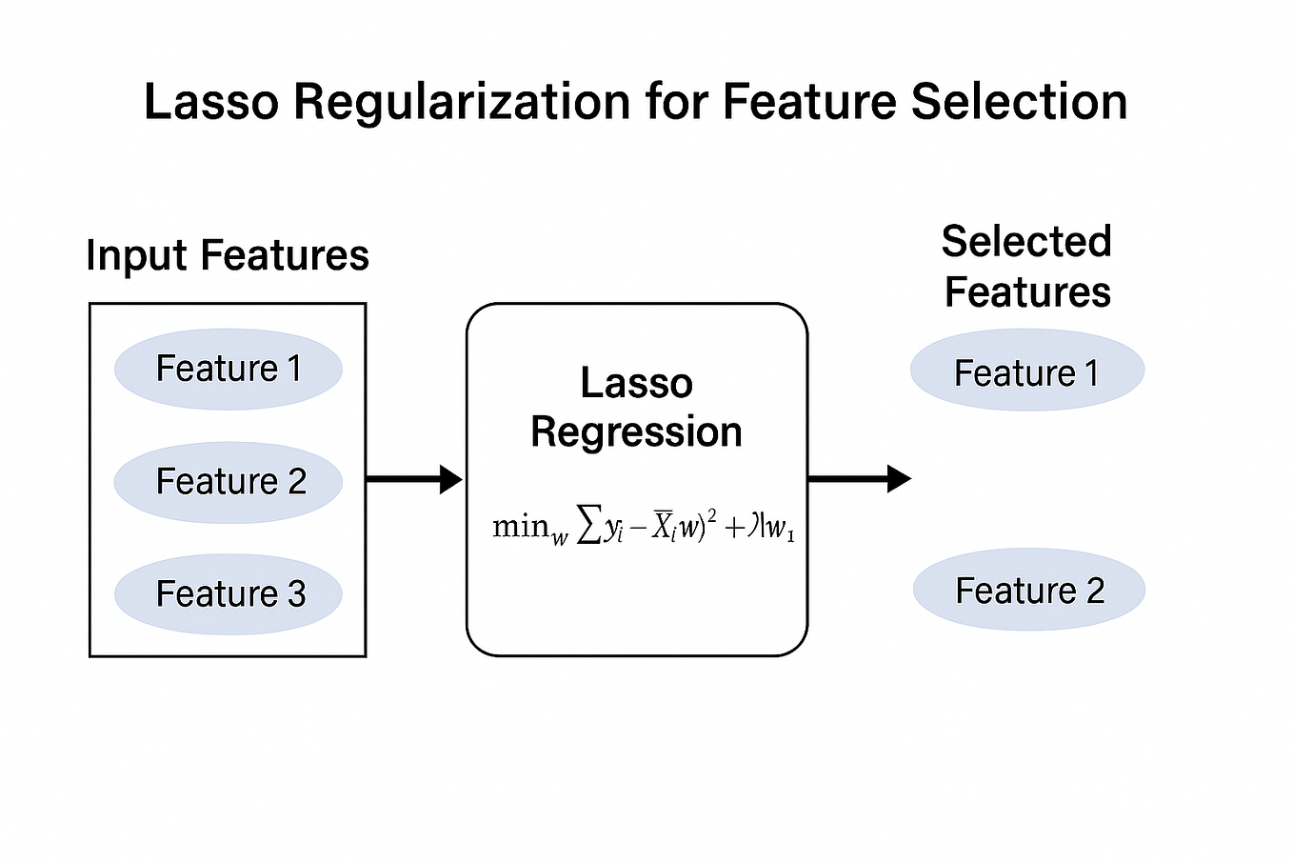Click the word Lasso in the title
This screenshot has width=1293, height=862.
pyautogui.click(x=211, y=102)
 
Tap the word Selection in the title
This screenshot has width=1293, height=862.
pyautogui.click(x=1019, y=102)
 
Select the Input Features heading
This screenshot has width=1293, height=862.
pyautogui.click(x=228, y=255)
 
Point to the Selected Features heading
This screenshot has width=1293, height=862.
pyautogui.click(x=1026, y=267)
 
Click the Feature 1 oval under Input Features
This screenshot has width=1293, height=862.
pyautogui.click(x=228, y=369)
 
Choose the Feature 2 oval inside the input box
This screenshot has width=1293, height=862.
pyautogui.click(x=228, y=481)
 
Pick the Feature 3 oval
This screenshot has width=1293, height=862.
pyautogui.click(x=228, y=593)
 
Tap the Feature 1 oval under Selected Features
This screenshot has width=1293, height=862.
pyautogui.click(x=1026, y=371)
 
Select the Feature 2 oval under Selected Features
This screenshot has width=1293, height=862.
pyautogui.click(x=1028, y=590)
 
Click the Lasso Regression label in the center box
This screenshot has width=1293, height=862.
pyautogui.click(x=636, y=408)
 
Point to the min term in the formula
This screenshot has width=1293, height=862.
pyautogui.click(x=522, y=527)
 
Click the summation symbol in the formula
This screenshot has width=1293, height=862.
pyautogui.click(x=589, y=527)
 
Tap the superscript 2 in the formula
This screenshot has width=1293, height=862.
pyautogui.click(x=711, y=515)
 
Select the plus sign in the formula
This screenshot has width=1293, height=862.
pyautogui.click(x=734, y=529)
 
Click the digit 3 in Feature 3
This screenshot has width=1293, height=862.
pyautogui.click(x=296, y=594)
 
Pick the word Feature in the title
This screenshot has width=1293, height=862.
pyautogui.click(x=809, y=102)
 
